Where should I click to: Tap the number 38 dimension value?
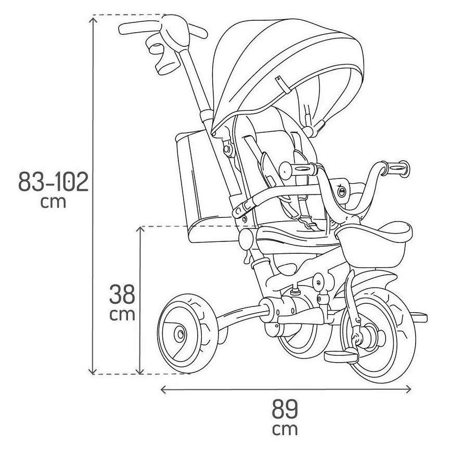tap(122, 294)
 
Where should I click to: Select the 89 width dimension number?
tap(285, 409)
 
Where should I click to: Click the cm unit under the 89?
tap(285, 430)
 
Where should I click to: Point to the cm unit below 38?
tap(122, 314)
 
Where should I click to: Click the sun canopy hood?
tap(291, 68)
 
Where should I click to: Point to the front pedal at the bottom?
tap(341, 355)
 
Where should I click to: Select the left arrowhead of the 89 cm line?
tap(163, 389)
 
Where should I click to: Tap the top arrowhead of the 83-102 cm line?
tap(93, 19)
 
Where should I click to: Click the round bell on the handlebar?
tap(342, 192)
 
